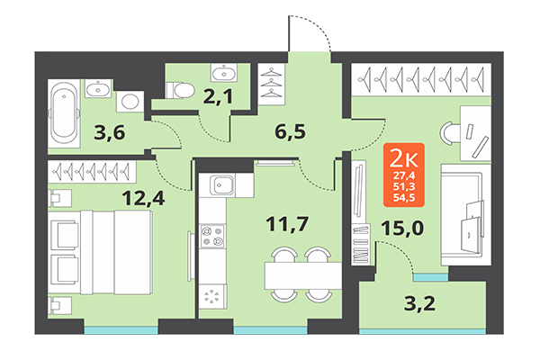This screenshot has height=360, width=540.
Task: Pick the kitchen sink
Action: [222, 187]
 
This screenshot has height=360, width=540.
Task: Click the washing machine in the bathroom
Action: [130, 103]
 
